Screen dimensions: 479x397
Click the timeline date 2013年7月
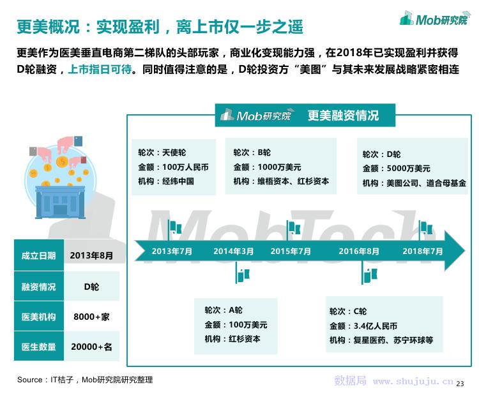(172, 251)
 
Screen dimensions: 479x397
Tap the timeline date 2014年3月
(234, 251)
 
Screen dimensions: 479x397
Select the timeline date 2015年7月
(291, 251)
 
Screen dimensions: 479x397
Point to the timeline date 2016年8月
(359, 251)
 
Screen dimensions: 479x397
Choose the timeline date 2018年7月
(423, 251)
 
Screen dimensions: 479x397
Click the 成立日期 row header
(39, 255)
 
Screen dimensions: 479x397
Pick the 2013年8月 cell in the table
(91, 255)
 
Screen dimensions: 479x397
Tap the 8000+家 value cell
(91, 317)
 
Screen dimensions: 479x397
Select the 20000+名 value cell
(91, 347)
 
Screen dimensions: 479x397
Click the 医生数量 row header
(39, 347)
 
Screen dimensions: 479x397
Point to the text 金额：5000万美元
(396, 169)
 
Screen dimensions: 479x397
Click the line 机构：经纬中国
(166, 181)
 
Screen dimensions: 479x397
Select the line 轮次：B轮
(252, 153)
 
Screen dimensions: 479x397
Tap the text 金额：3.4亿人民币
(363, 326)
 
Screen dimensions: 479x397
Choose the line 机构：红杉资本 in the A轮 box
(232, 339)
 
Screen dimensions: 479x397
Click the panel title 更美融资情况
(343, 116)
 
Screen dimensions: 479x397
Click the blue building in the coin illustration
(60, 202)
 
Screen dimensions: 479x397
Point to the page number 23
(460, 384)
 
